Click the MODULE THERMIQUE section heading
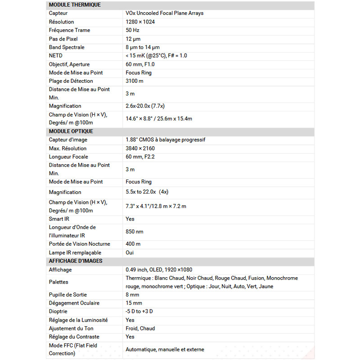coord(75,5)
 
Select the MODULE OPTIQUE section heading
coord(71,131)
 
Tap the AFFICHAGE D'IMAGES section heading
coord(75,261)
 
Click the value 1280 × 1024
coord(140,22)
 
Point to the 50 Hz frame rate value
coord(132,30)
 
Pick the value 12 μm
coord(133,39)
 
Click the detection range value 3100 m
coord(135,81)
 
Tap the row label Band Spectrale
coord(67,47)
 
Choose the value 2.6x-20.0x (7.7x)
coord(145,106)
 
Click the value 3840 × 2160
coord(140,148)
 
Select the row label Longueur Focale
coord(68,157)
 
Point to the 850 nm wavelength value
coord(134,231)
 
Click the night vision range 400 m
coord(133,244)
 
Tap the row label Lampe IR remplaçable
coord(75,253)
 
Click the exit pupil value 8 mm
coord(132,295)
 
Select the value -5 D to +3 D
coord(139,311)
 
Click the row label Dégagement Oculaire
coord(74,303)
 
